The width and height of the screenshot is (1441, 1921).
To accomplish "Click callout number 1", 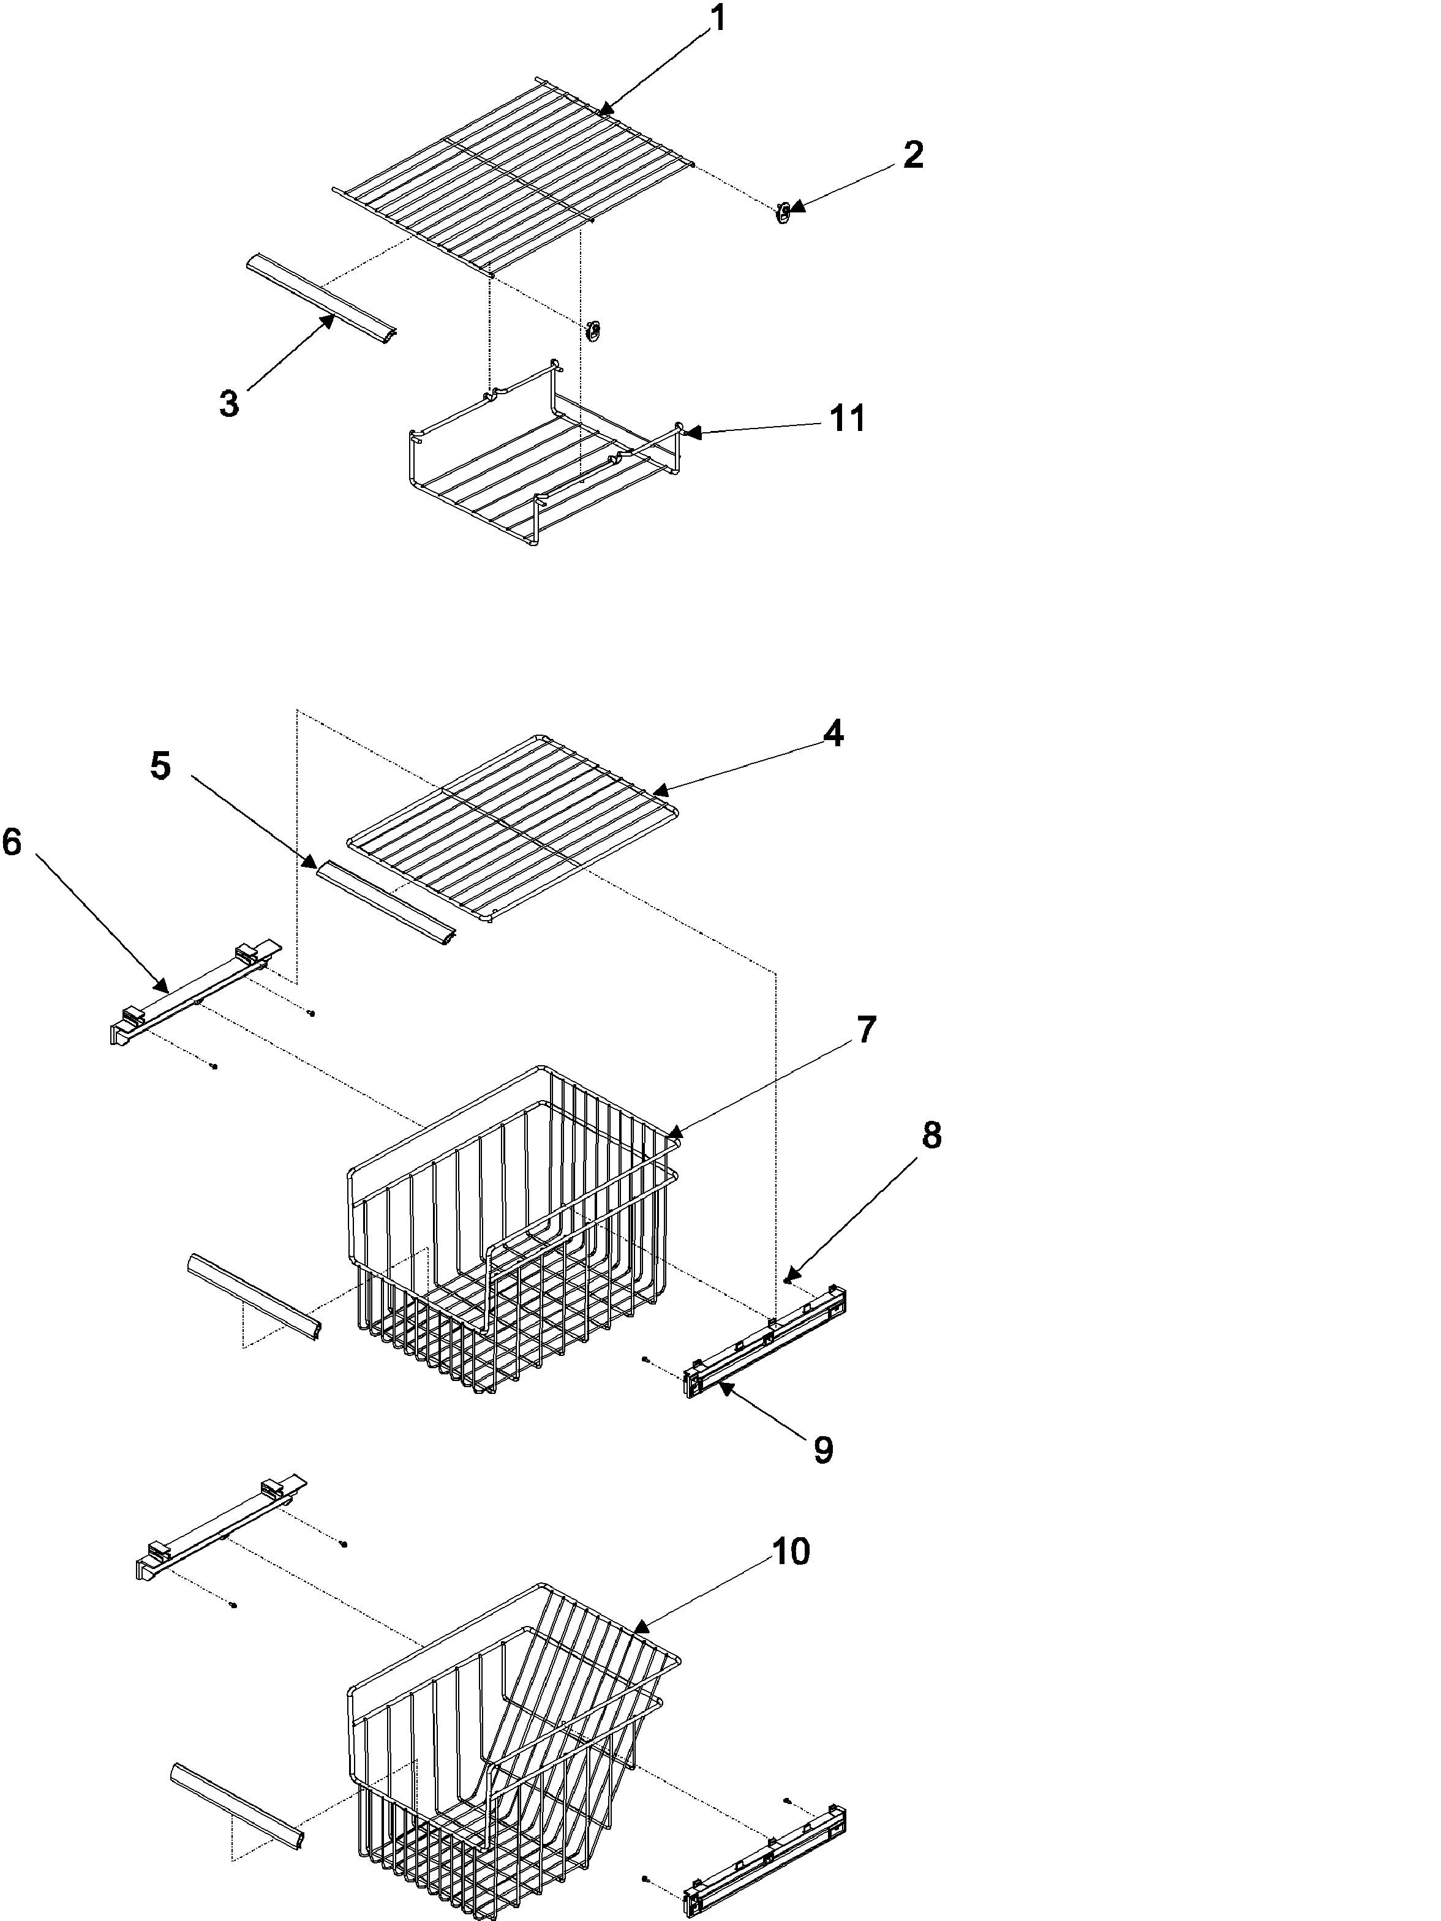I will (x=717, y=18).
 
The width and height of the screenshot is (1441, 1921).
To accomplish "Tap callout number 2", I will (x=912, y=155).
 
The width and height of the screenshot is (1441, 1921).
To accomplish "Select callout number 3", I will (x=228, y=404).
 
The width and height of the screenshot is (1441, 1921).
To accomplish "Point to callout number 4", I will (x=832, y=734).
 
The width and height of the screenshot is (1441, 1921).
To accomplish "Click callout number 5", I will (x=160, y=766).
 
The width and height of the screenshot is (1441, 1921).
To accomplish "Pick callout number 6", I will (x=12, y=842).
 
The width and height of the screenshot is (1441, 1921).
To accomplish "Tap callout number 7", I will (x=866, y=1029).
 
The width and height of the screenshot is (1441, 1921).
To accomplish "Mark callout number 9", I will (x=822, y=1450).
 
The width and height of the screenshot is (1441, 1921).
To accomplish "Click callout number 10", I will (x=791, y=1551).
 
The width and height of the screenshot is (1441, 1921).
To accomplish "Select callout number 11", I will (x=847, y=419).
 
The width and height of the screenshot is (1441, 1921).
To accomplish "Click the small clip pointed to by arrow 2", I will (x=783, y=212).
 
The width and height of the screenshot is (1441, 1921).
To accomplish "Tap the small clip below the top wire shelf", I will (x=594, y=329).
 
